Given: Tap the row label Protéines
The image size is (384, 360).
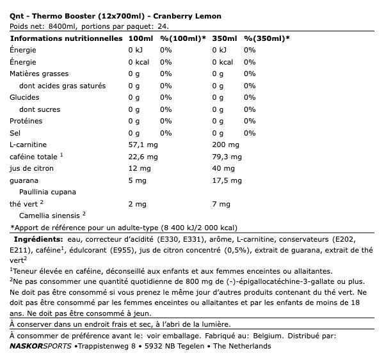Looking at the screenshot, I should (26, 121).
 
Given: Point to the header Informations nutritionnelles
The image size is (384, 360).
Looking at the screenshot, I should (66, 38).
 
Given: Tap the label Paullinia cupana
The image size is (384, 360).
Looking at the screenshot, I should (48, 192).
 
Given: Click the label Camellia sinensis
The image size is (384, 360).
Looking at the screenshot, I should (50, 215).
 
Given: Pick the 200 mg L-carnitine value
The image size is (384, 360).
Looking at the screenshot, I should (224, 145).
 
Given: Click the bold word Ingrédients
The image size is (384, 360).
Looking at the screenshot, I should (37, 239).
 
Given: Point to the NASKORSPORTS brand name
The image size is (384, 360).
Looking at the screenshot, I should (40, 346).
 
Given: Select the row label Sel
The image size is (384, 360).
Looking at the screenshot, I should (15, 133).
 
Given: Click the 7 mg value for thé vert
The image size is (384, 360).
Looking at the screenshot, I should (221, 204).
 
